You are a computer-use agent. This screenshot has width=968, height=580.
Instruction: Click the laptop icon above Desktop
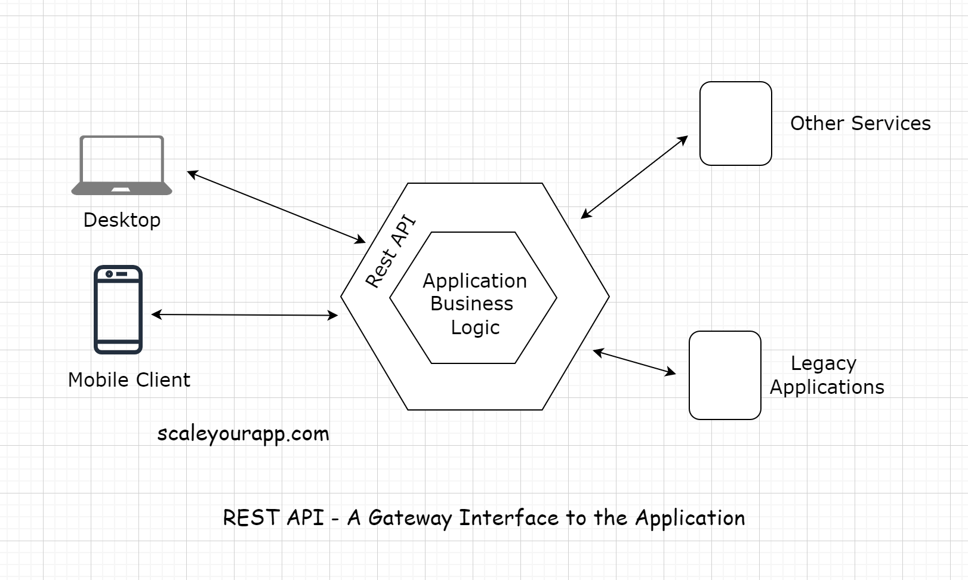coord(122,165)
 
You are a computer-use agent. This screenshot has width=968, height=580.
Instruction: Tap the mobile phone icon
coord(118,310)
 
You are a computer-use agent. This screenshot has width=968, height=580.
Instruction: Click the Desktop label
coord(122,220)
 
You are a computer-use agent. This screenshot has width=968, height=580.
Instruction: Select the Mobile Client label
coord(129,380)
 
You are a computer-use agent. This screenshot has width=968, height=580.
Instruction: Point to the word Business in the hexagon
coord(471,304)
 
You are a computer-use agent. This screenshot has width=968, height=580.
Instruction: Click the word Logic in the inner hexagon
coord(475,328)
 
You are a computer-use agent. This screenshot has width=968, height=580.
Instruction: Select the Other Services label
coord(860,124)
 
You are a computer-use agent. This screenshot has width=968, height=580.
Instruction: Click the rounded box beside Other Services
coord(735,124)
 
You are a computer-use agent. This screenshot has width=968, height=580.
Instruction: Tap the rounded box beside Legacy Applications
coord(725,375)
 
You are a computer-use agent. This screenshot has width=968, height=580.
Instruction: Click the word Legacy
coord(823,363)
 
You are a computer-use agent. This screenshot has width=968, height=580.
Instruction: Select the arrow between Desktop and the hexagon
coord(276,207)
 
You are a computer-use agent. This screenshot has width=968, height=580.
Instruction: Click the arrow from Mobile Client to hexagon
coord(245,314)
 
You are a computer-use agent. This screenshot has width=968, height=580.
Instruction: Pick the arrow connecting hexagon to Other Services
coord(634,177)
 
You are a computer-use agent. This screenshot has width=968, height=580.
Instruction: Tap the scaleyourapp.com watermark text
coord(243,434)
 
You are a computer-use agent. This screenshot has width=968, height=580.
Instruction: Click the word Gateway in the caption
coord(409,518)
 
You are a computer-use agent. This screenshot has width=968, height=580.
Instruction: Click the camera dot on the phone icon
coord(109,274)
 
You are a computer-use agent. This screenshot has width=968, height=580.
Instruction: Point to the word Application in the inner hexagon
coord(475,281)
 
